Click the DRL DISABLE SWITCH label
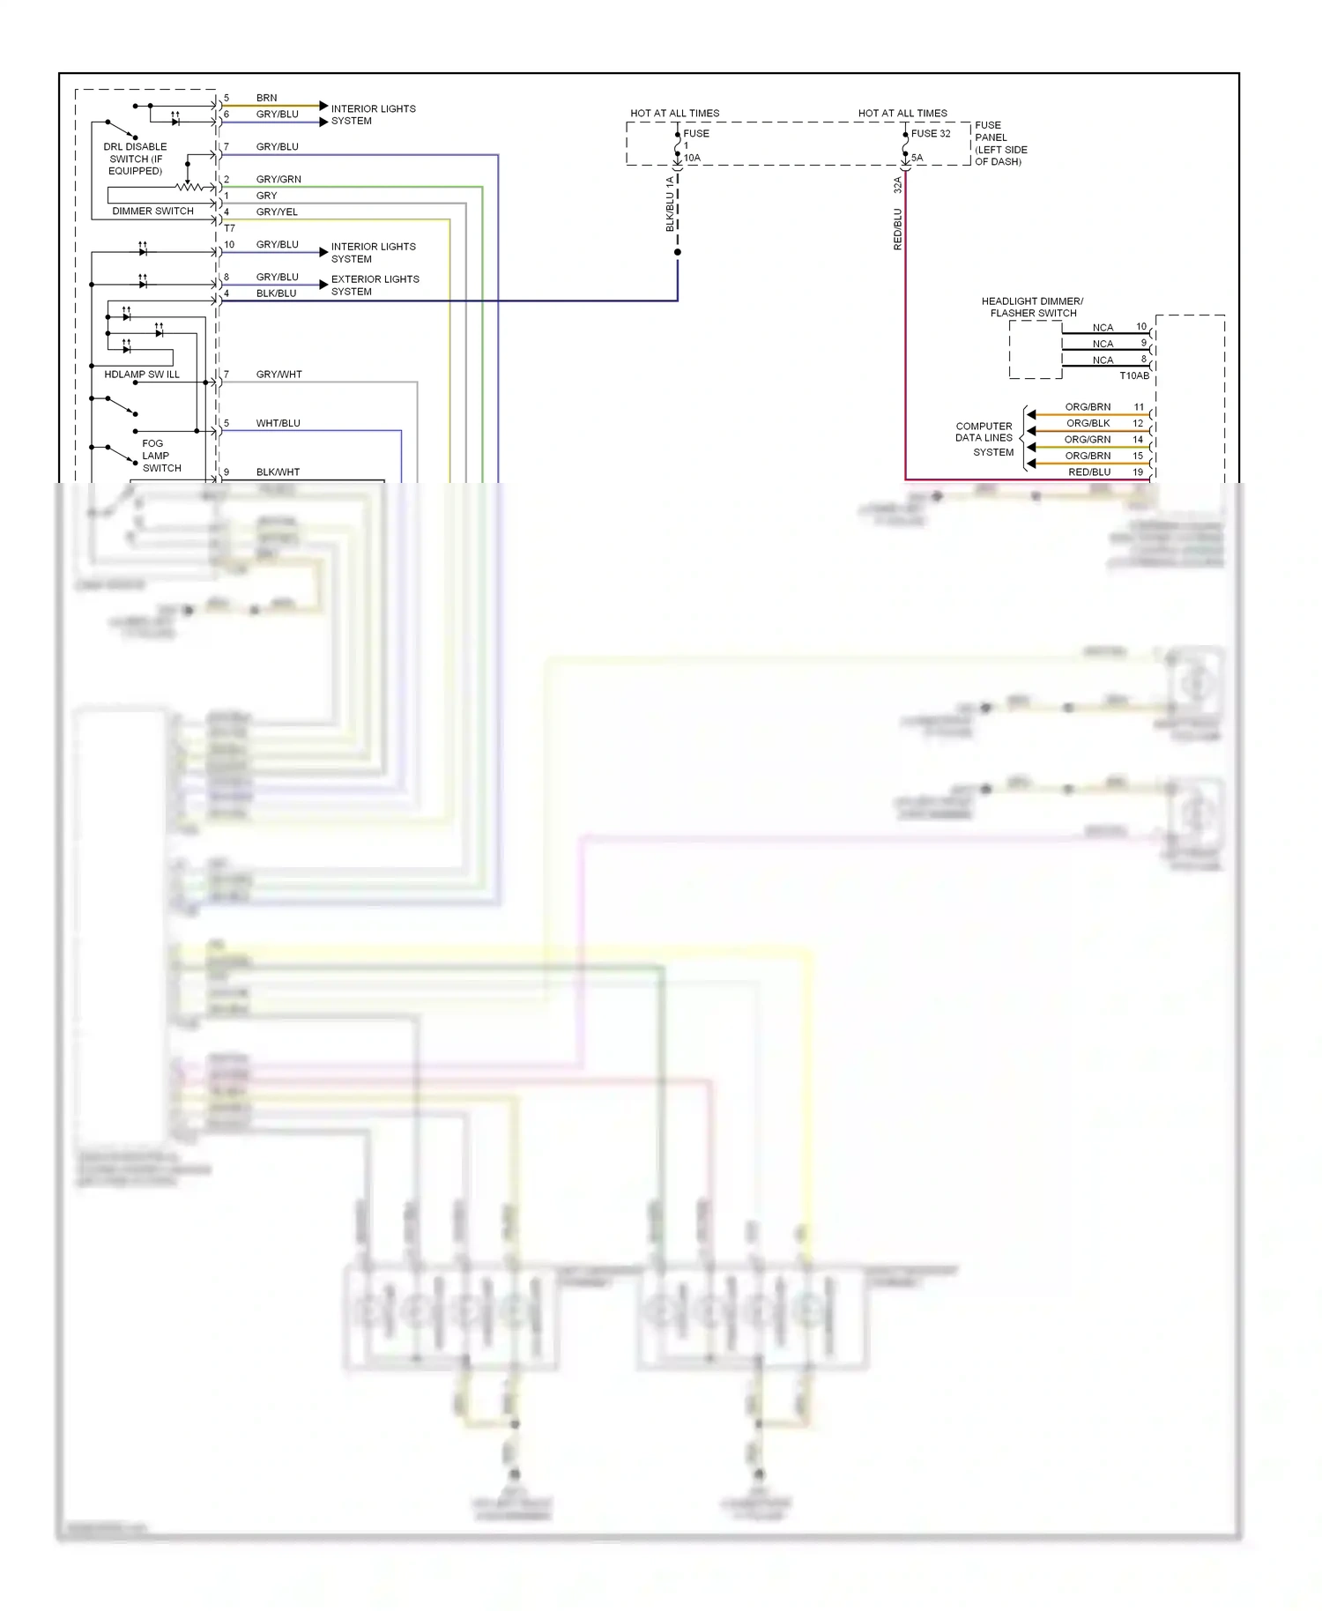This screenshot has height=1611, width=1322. [135, 159]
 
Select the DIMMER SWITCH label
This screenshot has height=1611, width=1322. [152, 211]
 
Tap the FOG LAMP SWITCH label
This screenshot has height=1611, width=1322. [160, 456]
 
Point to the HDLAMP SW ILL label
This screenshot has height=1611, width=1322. [141, 375]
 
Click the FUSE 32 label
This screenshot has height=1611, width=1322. [931, 134]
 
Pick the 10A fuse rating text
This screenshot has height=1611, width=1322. [692, 159]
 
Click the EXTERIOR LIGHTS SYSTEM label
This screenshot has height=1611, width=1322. [375, 285]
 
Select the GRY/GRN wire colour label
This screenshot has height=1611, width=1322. [279, 179]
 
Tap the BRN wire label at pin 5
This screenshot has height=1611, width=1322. [266, 98]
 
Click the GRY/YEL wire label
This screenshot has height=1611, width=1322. [277, 212]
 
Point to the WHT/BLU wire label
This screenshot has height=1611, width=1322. [278, 423]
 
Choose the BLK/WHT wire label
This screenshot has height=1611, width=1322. [278, 472]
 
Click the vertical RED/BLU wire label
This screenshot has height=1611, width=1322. [898, 229]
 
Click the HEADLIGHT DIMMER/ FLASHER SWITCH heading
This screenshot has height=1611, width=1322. [1032, 307]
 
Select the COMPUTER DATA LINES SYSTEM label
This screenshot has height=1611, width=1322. [984, 439]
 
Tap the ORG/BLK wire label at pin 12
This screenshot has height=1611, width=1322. [1088, 423]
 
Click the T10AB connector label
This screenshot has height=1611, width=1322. [1133, 375]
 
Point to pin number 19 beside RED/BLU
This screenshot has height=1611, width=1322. [1138, 472]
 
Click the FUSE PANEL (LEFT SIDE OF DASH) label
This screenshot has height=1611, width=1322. [1000, 144]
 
